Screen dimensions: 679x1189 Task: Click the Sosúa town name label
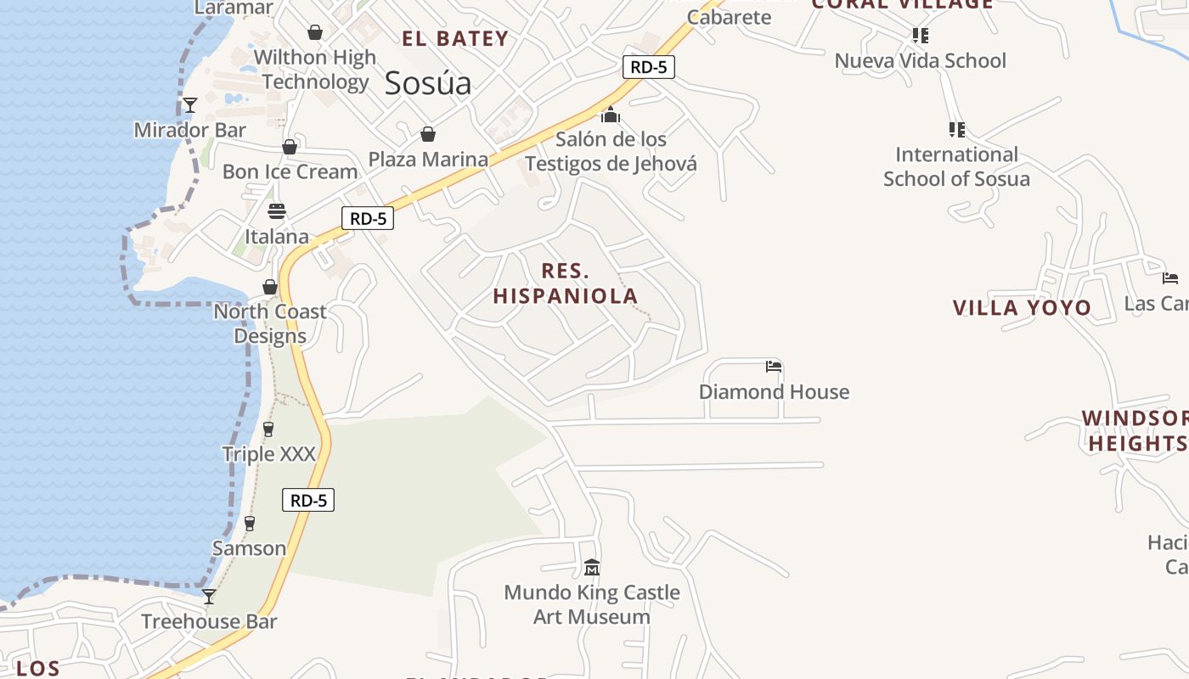coord(427,83)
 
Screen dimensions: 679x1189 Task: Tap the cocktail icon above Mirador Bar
coord(190,105)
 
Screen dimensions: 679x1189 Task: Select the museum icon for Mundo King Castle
coord(592,567)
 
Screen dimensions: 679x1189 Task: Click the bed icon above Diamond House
coord(774,367)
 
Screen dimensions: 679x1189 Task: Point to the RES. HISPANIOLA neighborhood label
coord(566,283)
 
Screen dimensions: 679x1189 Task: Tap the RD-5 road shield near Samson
coord(308,501)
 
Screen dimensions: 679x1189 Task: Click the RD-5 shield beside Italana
coord(368,218)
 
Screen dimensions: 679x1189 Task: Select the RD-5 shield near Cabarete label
coord(649,67)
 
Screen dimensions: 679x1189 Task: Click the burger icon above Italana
coord(277,210)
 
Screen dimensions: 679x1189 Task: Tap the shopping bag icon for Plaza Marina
coord(428,134)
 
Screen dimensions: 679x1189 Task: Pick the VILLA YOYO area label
coord(1022,307)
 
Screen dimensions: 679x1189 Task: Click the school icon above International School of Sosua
coord(957,130)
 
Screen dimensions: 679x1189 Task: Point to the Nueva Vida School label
coord(920,60)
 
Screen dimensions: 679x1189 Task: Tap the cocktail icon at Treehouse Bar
coord(208,597)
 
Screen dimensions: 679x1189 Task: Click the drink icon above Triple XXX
coord(268,429)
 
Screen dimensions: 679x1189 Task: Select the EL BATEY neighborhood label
coord(455,38)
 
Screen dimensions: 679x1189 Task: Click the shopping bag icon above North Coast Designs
coord(270,287)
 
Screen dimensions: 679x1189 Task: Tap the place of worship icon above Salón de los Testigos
coord(611,115)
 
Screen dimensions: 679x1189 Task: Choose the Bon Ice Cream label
coord(290,171)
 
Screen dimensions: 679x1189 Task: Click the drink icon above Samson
coord(250,524)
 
